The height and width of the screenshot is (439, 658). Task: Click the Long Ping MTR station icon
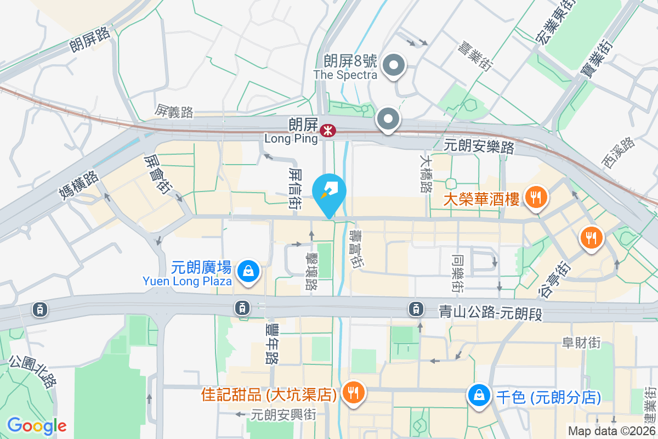pyautogui.click(x=328, y=130)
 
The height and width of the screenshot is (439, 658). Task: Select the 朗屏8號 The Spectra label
pyautogui.click(x=345, y=67)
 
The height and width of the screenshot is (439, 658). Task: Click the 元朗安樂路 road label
pyautogui.click(x=479, y=147)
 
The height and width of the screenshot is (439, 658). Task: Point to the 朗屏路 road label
pyautogui.click(x=90, y=39)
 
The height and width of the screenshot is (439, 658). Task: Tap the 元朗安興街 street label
pyautogui.click(x=283, y=414)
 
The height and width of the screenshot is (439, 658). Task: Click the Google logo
pyautogui.click(x=37, y=426)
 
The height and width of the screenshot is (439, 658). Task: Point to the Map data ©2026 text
pyautogui.click(x=611, y=431)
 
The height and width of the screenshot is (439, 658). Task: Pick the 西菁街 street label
pyautogui.click(x=617, y=153)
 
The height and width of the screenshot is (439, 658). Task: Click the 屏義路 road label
pyautogui.click(x=174, y=112)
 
